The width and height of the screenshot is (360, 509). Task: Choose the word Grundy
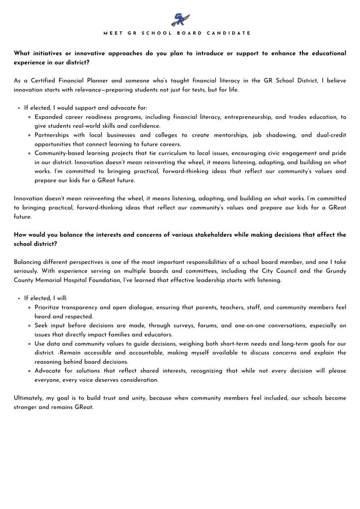point(336,271)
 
